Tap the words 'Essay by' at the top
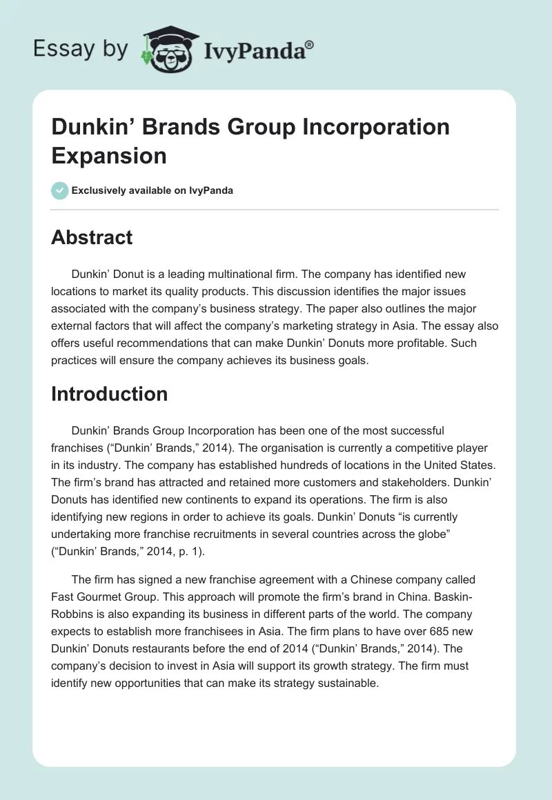tap(81, 50)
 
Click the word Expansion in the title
tap(109, 155)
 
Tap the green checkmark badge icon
tap(60, 190)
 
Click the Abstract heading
tap(92, 237)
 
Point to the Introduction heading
tap(109, 394)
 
